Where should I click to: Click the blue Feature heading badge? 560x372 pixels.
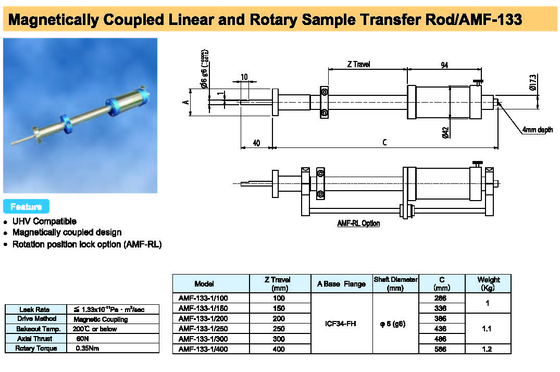(x=26, y=206)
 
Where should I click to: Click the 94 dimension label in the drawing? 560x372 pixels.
(x=444, y=65)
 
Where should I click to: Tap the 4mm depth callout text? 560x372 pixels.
(x=538, y=130)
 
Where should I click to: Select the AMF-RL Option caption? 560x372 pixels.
(x=358, y=223)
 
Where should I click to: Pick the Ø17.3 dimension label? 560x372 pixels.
(x=532, y=82)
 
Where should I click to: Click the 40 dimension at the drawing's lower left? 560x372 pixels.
(x=256, y=143)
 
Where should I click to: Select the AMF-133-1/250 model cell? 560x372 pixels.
(x=204, y=329)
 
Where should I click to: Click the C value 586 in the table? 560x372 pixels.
(x=441, y=349)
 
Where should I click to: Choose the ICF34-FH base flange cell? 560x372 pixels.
(x=341, y=324)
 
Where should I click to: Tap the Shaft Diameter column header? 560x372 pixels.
(x=395, y=283)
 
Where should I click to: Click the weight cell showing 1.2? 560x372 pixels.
(x=487, y=349)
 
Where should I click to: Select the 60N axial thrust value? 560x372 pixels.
(x=82, y=339)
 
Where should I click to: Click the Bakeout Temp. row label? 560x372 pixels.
(x=35, y=329)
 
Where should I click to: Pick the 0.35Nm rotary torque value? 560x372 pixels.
(x=87, y=349)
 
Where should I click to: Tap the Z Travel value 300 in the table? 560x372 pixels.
(x=280, y=339)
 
